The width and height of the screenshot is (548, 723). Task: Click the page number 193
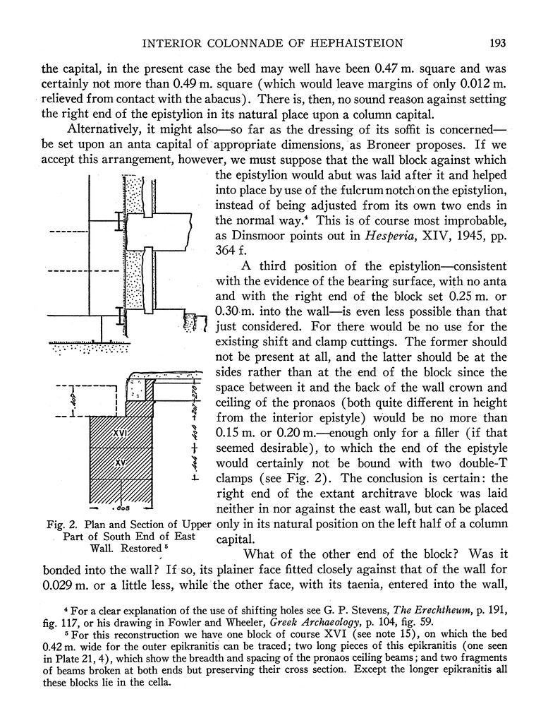click(498, 44)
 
